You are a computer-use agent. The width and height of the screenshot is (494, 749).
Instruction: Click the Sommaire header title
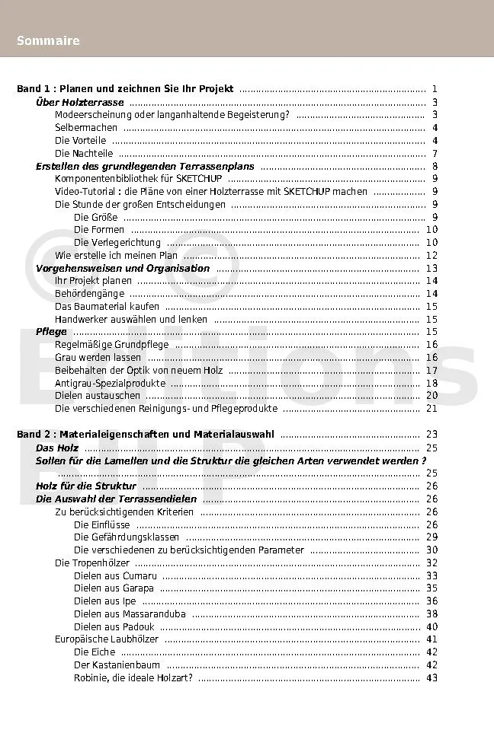click(48, 41)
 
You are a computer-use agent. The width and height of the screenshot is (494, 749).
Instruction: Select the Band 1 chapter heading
click(125, 89)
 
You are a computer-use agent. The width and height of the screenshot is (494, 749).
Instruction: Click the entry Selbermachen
click(86, 128)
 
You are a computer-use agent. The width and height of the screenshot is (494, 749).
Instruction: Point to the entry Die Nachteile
click(84, 154)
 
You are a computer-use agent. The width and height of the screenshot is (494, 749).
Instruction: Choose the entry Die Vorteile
click(81, 141)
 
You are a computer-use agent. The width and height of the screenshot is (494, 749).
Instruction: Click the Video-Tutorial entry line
click(211, 192)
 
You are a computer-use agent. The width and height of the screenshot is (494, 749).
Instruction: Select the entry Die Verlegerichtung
click(117, 243)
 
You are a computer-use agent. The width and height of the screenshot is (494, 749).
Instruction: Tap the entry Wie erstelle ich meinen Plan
click(116, 256)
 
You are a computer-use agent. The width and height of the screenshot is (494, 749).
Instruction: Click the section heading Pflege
click(51, 332)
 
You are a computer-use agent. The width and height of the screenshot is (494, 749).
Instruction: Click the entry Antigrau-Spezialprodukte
click(110, 383)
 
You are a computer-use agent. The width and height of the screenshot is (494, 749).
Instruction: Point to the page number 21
click(431, 409)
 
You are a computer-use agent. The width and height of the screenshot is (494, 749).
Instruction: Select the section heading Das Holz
click(57, 448)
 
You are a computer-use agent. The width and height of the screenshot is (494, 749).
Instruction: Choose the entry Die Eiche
click(95, 652)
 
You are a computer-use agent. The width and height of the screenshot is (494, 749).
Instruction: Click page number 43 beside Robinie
click(431, 677)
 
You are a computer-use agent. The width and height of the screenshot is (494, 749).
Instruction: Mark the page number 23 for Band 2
click(431, 434)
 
